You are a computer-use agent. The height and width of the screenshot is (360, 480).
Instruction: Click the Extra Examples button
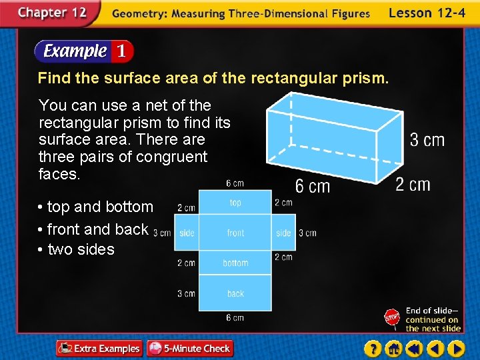pyautogui.click(x=99, y=348)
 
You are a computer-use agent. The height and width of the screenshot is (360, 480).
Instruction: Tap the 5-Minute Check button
pyautogui.click(x=189, y=348)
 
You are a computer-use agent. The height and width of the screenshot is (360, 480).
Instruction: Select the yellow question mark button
pyautogui.click(x=373, y=348)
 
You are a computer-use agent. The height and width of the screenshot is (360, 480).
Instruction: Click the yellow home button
pyautogui.click(x=393, y=348)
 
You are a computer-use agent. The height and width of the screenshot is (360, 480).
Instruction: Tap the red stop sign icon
pyautogui.click(x=392, y=318)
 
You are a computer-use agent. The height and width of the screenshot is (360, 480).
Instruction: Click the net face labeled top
pyautogui.click(x=235, y=203)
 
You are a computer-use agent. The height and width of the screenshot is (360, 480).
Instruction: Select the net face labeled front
pyautogui.click(x=235, y=233)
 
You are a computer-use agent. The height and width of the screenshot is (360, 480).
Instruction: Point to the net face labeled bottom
pyautogui.click(x=235, y=263)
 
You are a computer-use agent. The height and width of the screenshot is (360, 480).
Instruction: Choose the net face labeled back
pyautogui.click(x=235, y=293)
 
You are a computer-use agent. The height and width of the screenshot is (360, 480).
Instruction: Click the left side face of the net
pyautogui.click(x=187, y=233)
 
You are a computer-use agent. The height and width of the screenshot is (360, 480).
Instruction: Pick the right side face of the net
pyautogui.click(x=283, y=233)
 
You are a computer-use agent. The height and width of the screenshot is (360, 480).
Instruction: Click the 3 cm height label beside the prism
pyautogui.click(x=427, y=140)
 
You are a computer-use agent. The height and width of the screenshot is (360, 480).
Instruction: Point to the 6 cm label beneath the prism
pyautogui.click(x=312, y=186)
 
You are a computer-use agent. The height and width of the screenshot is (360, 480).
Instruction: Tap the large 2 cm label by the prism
pyautogui.click(x=413, y=184)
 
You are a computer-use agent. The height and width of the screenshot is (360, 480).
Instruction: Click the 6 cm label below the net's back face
pyautogui.click(x=235, y=318)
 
